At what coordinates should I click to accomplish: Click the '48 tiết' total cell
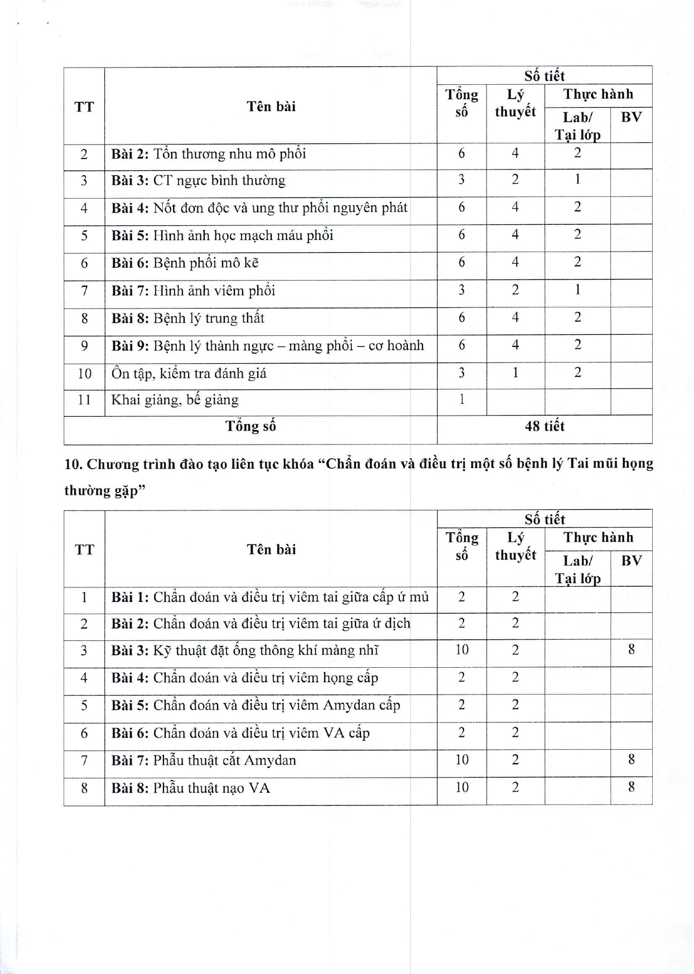tap(544, 427)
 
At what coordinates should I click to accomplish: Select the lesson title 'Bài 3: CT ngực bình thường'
tap(198, 181)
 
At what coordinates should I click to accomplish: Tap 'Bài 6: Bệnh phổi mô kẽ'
tap(185, 263)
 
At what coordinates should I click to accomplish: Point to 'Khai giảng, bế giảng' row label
tap(175, 400)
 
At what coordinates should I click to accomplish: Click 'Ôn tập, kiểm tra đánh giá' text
tap(189, 373)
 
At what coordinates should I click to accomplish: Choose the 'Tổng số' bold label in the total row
tap(250, 427)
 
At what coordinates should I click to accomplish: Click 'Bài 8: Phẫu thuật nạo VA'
tap(190, 788)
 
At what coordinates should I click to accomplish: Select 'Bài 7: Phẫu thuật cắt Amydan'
tap(203, 760)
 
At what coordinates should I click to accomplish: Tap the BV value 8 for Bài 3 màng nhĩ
tap(631, 650)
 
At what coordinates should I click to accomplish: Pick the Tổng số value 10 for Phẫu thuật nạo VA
tap(461, 788)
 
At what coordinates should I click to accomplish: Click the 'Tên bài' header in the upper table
tap(271, 107)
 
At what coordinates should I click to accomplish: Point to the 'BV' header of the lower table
tap(631, 561)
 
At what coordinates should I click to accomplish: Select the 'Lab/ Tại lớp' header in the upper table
tap(577, 126)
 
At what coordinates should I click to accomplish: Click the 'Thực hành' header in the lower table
tap(598, 538)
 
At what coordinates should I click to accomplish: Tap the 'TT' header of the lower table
tap(84, 549)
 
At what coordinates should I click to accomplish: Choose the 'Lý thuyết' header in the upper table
tap(515, 103)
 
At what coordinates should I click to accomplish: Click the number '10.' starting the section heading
tap(74, 464)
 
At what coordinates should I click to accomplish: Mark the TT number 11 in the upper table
tap(84, 400)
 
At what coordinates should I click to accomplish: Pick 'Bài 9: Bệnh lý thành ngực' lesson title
tap(267, 346)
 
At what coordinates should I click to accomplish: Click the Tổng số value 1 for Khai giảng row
tap(461, 399)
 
